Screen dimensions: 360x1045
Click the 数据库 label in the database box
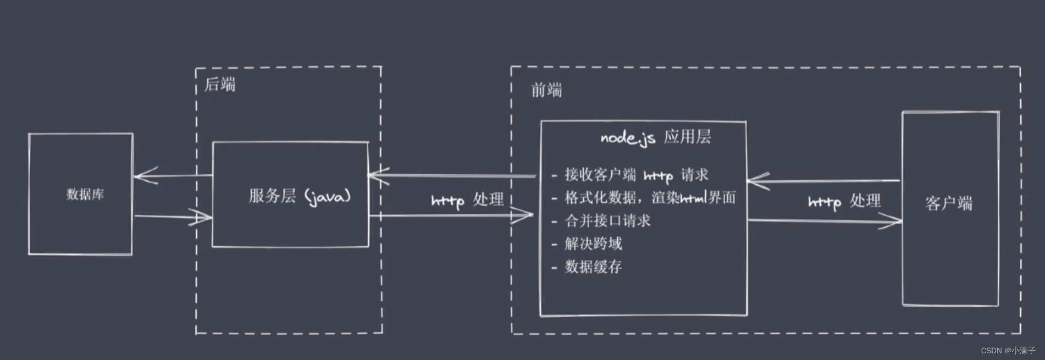click(x=85, y=194)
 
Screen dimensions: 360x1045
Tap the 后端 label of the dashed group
click(x=220, y=84)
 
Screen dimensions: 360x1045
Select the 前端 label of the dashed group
click(x=546, y=90)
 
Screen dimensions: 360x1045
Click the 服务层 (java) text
click(x=300, y=196)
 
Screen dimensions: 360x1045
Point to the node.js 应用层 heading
click(x=655, y=137)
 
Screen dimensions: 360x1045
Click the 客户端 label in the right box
click(x=949, y=203)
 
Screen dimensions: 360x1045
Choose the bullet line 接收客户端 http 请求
click(x=636, y=175)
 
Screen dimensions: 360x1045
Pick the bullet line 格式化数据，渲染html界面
click(x=650, y=198)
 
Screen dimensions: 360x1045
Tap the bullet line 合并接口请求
click(x=607, y=221)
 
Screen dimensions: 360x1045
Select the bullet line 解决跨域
click(x=593, y=243)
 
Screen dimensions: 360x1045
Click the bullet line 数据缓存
click(x=593, y=267)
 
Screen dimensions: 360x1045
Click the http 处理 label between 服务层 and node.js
click(x=467, y=200)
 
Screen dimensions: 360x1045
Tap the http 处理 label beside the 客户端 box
click(x=844, y=202)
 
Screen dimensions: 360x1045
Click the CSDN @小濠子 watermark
click(x=1008, y=351)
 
